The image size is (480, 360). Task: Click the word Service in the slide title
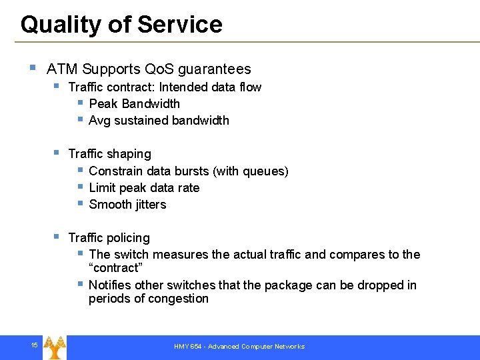180,25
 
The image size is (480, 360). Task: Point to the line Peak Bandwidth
134,104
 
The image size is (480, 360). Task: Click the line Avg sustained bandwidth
159,121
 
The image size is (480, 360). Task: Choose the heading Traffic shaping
109,154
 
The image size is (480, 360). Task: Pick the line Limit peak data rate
144,188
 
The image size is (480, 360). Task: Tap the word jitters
147,205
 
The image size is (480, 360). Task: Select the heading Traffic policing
109,238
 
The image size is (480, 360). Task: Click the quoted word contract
115,268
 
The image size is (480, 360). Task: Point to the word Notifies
109,285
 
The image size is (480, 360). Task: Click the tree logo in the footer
55,346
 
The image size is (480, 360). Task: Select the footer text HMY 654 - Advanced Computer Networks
239,347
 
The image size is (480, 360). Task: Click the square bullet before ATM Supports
33,68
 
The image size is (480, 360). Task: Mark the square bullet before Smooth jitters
79,203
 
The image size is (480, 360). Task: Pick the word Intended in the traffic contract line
182,87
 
